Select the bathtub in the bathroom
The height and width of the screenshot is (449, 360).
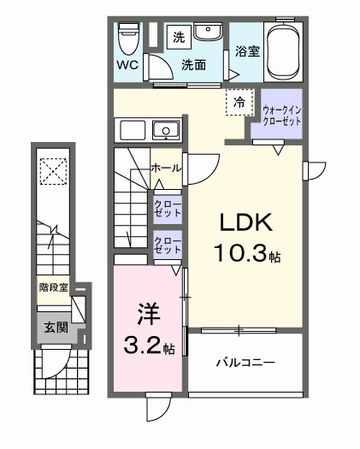pyautogui.click(x=284, y=50)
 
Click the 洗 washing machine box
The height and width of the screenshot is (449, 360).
pyautogui.click(x=179, y=37)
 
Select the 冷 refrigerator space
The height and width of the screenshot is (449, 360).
pyautogui.click(x=239, y=103)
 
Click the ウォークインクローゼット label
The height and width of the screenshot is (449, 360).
pyautogui.click(x=280, y=115)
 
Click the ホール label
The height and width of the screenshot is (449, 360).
pyautogui.click(x=165, y=168)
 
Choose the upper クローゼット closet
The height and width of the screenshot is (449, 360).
pyautogui.click(x=166, y=209)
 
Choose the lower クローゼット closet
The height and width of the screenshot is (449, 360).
pyautogui.click(x=166, y=245)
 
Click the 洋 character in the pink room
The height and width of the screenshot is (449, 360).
pyautogui.click(x=145, y=315)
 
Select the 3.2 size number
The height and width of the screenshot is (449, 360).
pyautogui.click(x=140, y=347)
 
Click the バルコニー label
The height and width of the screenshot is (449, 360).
pyautogui.click(x=244, y=363)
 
